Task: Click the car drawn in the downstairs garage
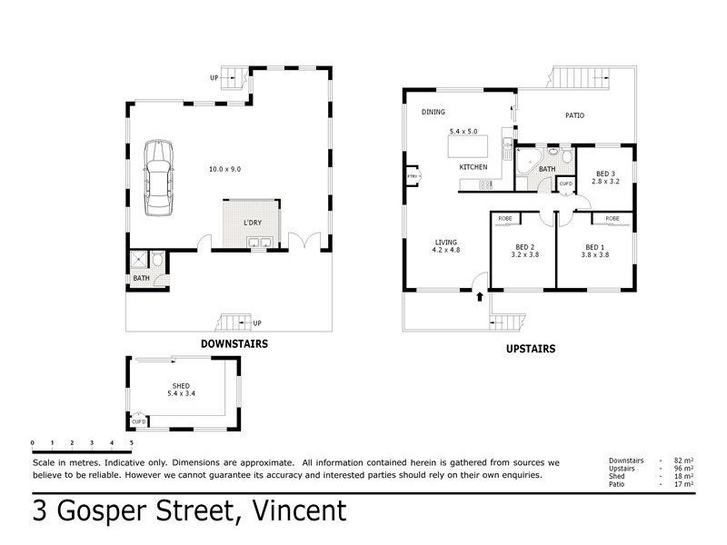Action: (158, 178)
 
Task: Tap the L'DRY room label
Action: (253, 223)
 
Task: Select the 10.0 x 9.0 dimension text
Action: (224, 169)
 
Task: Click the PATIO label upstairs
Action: (574, 115)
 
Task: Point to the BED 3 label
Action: (605, 173)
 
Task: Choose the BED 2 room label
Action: (525, 247)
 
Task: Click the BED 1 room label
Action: (595, 247)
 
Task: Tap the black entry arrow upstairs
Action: (480, 297)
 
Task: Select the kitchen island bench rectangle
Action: (468, 146)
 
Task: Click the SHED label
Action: (181, 385)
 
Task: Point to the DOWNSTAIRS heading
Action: (234, 344)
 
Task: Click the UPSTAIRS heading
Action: (531, 349)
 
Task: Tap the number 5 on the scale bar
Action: (132, 443)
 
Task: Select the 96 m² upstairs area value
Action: (683, 469)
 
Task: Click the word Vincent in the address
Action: (300, 510)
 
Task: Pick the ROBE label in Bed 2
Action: (505, 218)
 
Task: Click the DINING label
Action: (433, 112)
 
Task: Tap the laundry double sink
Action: (259, 242)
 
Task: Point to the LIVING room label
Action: (446, 242)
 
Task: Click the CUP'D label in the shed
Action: (139, 421)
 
